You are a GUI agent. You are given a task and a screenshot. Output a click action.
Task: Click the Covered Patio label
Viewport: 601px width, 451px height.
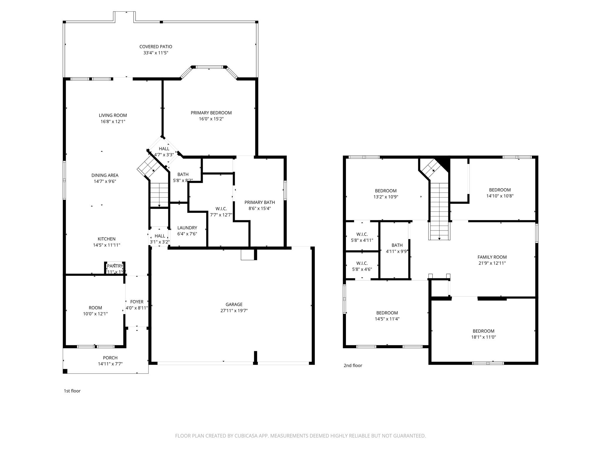click(x=156, y=47)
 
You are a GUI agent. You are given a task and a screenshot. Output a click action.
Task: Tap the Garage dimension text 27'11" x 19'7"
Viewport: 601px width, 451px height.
click(x=234, y=311)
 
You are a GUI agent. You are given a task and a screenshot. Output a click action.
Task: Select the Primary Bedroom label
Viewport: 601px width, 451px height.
click(x=211, y=113)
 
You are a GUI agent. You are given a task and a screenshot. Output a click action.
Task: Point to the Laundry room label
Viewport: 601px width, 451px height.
click(x=187, y=228)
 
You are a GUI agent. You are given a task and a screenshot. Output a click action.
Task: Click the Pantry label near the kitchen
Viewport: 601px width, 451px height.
click(x=115, y=266)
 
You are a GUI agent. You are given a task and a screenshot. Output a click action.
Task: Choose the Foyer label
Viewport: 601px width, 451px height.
click(x=137, y=302)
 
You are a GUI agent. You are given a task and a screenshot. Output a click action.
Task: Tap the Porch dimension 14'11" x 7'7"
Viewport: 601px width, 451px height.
click(x=110, y=364)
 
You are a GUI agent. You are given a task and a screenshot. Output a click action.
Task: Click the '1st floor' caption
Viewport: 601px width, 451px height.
click(x=72, y=391)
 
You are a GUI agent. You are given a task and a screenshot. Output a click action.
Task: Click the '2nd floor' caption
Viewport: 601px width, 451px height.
click(x=353, y=366)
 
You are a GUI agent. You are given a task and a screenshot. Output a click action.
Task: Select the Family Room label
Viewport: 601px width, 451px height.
click(x=492, y=257)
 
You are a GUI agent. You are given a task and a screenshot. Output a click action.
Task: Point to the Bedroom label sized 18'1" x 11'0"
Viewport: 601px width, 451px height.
click(x=483, y=331)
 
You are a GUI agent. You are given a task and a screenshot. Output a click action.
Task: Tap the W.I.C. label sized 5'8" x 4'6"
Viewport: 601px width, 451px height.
click(x=362, y=263)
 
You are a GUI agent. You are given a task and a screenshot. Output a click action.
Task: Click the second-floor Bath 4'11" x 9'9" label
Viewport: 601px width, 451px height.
click(x=397, y=245)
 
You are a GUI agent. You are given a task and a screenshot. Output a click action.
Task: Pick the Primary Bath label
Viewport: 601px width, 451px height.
click(x=259, y=202)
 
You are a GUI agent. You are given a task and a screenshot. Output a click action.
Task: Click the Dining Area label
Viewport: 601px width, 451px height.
click(x=105, y=175)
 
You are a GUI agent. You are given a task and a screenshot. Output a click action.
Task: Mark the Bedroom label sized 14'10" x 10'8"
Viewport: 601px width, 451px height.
click(x=499, y=190)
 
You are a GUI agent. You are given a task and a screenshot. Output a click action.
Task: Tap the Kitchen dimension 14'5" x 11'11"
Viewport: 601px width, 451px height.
click(x=107, y=245)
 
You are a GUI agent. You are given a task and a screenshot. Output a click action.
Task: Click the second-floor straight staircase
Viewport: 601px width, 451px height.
click(x=439, y=211)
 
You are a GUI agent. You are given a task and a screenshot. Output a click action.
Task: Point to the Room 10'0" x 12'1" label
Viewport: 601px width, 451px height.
click(x=95, y=308)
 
